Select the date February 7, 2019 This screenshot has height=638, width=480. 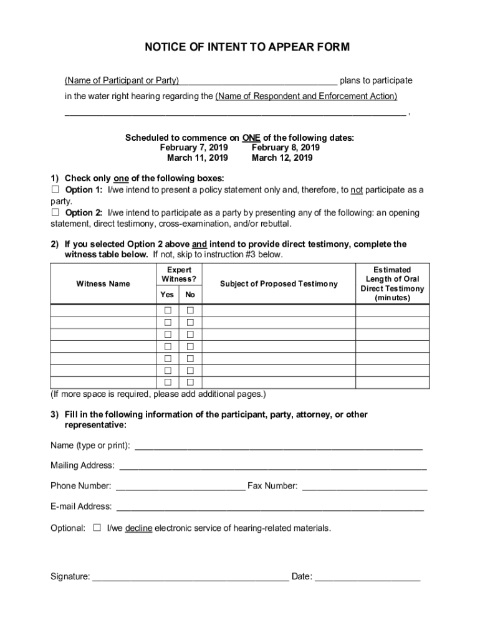click(194, 148)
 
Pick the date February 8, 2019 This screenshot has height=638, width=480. click(286, 148)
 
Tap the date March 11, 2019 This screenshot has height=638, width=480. click(198, 158)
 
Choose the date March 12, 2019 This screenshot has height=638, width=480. click(282, 158)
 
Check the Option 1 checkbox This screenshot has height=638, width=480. click(54, 189)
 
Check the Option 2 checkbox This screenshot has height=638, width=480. click(54, 212)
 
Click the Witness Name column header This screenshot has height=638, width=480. click(103, 283)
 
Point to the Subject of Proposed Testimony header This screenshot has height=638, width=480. click(279, 283)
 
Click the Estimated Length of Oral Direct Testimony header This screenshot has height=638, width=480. click(392, 283)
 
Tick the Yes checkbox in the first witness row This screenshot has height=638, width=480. click(168, 310)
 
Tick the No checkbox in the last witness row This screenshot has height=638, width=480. click(191, 382)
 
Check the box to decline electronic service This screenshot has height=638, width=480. click(97, 528)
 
